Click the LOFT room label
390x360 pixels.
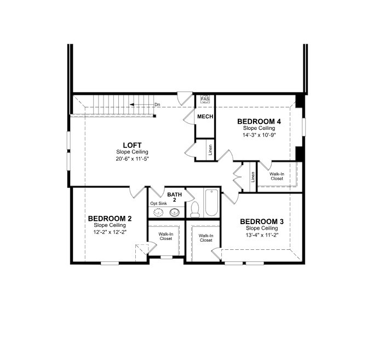(x=132, y=145)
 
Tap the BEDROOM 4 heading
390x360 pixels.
(x=259, y=122)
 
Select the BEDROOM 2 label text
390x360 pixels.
(x=110, y=219)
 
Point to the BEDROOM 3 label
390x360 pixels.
(x=262, y=221)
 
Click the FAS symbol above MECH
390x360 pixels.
(x=205, y=99)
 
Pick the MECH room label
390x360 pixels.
(x=205, y=116)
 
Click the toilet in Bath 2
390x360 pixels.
(x=194, y=209)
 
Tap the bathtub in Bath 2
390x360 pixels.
(x=211, y=203)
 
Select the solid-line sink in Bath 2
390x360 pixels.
(x=175, y=212)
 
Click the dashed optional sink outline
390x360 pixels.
(x=158, y=213)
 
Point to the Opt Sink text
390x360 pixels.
(x=158, y=203)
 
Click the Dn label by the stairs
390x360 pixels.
(x=157, y=105)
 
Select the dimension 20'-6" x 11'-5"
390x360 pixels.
(x=132, y=159)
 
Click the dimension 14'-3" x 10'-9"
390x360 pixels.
(x=259, y=135)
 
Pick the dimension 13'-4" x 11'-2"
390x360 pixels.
(x=262, y=235)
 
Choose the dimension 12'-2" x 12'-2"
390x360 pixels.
(x=110, y=232)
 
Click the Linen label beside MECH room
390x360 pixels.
(x=210, y=150)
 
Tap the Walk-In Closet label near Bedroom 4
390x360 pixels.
(x=277, y=176)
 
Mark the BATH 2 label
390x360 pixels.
(x=174, y=197)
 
